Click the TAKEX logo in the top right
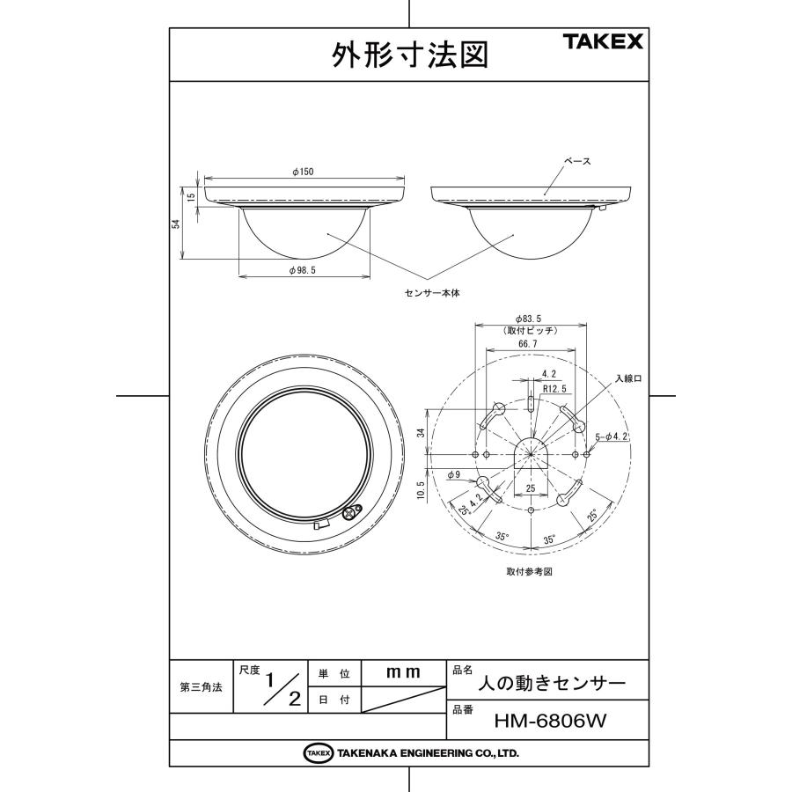coord(603,41)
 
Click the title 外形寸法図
coord(409,55)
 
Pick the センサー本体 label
coord(431,293)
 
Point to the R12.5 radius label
coord(554,387)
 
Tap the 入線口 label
coord(629,378)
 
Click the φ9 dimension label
coord(454,474)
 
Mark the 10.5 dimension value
coord(421,489)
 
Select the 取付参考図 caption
coord(530,570)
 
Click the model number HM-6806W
coord(551,721)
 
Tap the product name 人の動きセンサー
coord(551,683)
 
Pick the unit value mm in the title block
coord(404,671)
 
